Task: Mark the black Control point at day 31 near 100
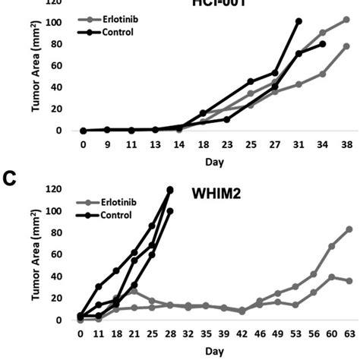(x=298, y=21)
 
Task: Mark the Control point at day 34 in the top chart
(x=323, y=44)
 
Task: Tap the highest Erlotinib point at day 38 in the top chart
(x=346, y=19)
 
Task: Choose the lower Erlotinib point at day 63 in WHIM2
(x=349, y=281)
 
